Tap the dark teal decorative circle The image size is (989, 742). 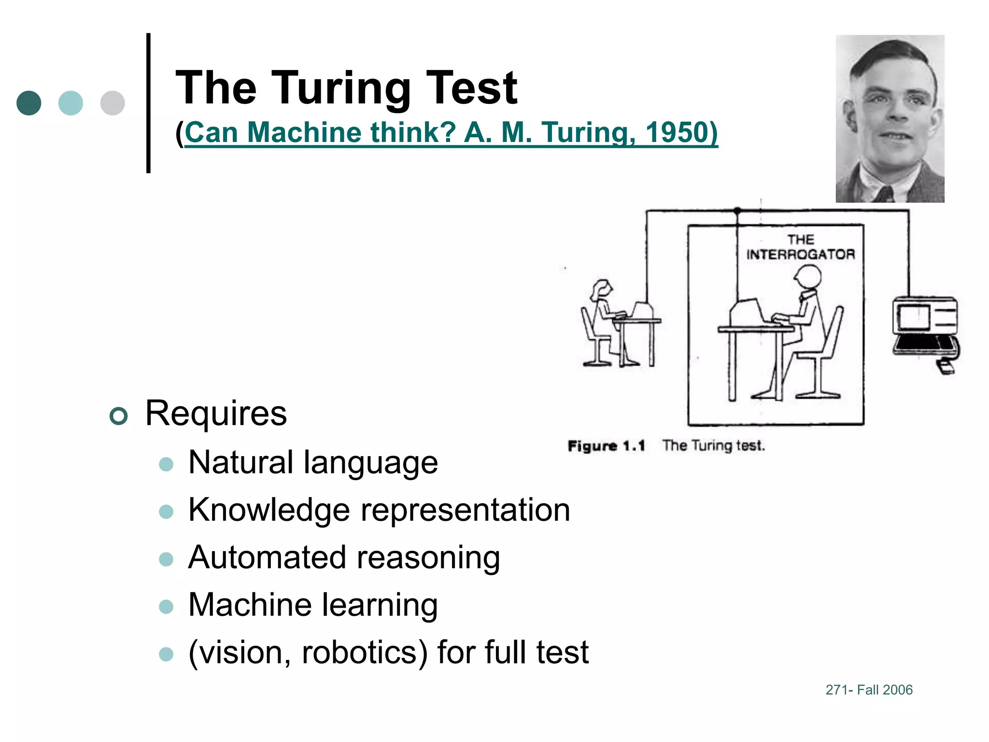tap(29, 103)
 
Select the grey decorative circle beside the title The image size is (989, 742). tap(113, 103)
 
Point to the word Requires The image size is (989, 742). tap(216, 414)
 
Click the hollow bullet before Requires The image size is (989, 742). tap(119, 415)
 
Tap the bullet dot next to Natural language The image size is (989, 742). tap(166, 464)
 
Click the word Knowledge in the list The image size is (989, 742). tap(269, 510)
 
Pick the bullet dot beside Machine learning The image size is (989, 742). tap(166, 606)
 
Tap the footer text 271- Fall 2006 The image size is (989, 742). tap(869, 690)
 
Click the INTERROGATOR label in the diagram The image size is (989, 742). tap(800, 254)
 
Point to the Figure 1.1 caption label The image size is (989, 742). tap(606, 446)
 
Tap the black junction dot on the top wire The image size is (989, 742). tap(737, 211)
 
